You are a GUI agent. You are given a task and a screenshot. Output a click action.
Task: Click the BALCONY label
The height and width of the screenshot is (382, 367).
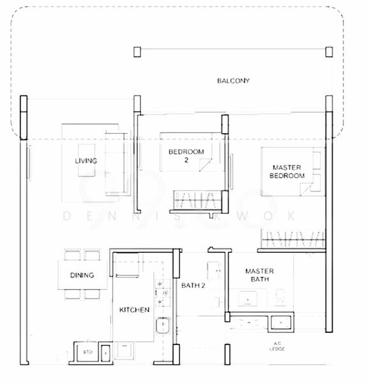click(x=233, y=81)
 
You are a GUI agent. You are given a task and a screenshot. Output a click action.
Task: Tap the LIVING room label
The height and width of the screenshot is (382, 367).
click(x=86, y=161)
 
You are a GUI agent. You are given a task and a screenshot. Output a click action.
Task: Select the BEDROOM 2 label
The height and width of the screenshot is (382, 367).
click(x=186, y=156)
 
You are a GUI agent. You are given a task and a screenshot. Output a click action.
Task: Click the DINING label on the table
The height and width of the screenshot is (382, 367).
click(x=82, y=276)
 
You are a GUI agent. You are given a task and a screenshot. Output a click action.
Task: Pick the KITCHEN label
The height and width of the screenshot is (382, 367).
click(x=135, y=310)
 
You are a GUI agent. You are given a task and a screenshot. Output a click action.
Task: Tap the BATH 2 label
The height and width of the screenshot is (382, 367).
click(x=193, y=286)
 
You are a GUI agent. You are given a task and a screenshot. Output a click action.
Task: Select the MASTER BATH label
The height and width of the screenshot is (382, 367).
click(x=260, y=275)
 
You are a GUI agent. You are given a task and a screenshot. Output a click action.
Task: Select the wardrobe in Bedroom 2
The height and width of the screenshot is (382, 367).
click(x=196, y=201)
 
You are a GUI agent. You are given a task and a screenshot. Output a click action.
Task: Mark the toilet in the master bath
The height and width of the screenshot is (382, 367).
click(x=279, y=295)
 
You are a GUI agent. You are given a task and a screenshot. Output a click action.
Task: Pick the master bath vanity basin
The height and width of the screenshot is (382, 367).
click(x=246, y=297)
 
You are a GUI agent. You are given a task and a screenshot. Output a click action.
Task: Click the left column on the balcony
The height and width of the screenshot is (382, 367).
click(x=137, y=52)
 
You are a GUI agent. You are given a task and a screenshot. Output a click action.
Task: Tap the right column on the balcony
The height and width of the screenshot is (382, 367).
click(x=329, y=52)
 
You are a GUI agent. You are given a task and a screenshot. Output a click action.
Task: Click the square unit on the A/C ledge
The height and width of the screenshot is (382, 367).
click(x=280, y=323)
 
